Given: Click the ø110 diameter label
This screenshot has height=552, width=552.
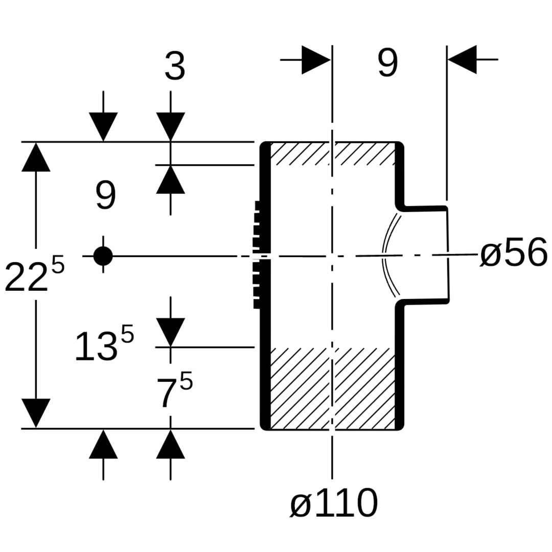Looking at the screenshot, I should (x=334, y=503).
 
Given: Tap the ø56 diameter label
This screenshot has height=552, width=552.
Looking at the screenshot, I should (x=513, y=254).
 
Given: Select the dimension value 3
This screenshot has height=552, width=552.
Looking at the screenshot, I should (x=174, y=67).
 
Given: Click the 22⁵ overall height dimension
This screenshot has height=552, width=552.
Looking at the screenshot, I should (x=34, y=277).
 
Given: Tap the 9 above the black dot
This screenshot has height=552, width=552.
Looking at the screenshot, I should (x=106, y=196).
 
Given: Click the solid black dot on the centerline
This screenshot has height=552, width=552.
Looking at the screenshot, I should (x=103, y=256).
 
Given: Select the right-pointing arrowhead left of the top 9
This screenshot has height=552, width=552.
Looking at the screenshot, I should (x=315, y=60).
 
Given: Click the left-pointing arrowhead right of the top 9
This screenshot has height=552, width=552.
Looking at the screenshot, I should (x=463, y=60).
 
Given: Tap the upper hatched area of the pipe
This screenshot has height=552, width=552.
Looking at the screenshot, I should (x=332, y=154).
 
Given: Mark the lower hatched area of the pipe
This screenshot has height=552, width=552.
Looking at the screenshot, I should (x=332, y=388).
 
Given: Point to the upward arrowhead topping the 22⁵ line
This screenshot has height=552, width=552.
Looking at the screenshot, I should (x=36, y=157).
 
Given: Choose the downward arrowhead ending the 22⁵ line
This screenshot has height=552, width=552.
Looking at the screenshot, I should (x=36, y=412).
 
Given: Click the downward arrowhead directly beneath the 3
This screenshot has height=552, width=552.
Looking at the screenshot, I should (x=170, y=126).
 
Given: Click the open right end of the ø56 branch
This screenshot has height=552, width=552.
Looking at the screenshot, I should (x=448, y=254).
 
